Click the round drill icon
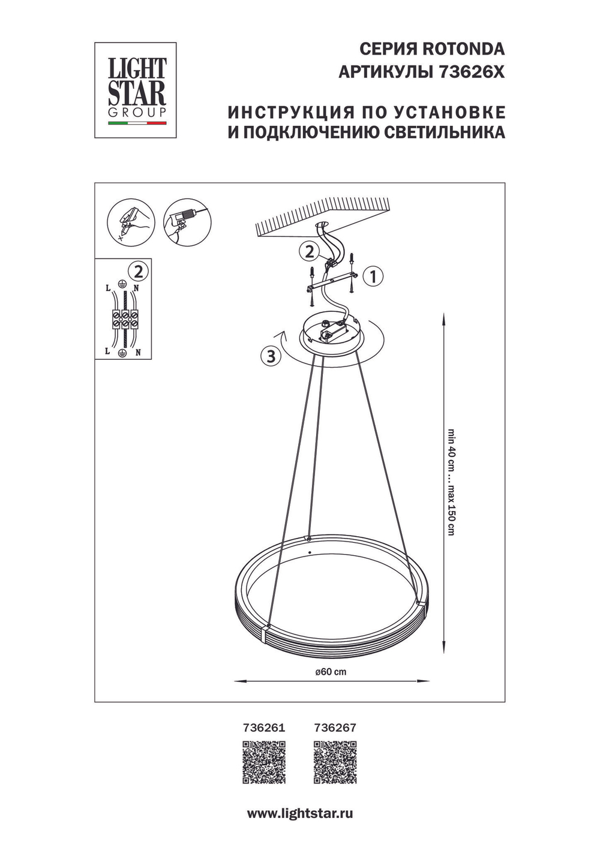coord(183,221)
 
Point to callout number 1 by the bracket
coord(373,276)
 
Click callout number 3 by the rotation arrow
coord(271,356)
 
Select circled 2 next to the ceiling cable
coord(309,251)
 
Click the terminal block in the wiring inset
coord(124,318)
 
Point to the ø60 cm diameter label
coord(331,672)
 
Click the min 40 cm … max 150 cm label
coord(451,482)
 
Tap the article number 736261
coord(263,727)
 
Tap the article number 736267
coord(335,727)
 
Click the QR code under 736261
coord(263,762)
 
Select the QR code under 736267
coord(335,762)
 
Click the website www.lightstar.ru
coord(299,814)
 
